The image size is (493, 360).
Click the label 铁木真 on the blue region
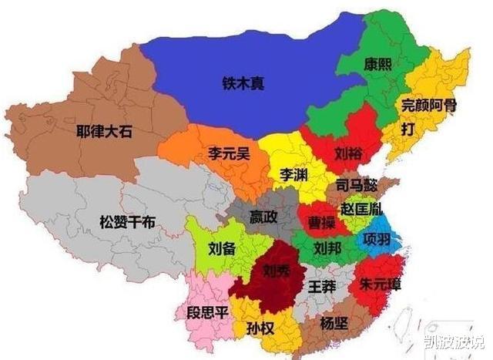pyautogui.click(x=243, y=82)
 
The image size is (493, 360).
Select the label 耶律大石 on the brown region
pyautogui.click(x=104, y=131)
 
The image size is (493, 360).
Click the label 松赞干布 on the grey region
pyautogui.click(x=127, y=222)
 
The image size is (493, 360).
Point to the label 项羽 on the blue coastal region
pyautogui.click(x=377, y=236)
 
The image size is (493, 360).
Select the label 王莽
pyautogui.click(x=321, y=287)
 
